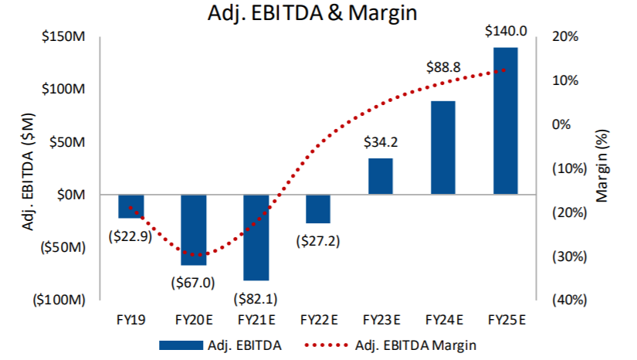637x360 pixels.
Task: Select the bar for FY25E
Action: (505, 121)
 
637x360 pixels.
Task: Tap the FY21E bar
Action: (256, 237)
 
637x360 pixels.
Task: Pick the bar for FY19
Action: (130, 206)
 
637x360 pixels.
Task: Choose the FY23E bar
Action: (380, 176)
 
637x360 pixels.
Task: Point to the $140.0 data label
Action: (505, 32)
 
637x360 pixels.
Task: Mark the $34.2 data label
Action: (380, 143)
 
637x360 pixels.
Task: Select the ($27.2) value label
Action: (317, 241)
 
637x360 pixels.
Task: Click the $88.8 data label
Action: (443, 68)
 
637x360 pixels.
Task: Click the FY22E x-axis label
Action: (317, 319)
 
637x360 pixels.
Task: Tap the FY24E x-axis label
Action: (443, 319)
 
